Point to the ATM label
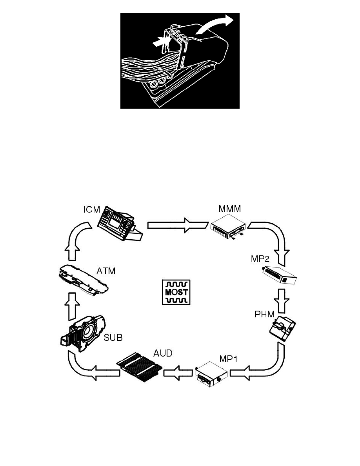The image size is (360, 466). [x=105, y=271]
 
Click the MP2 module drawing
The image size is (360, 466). [x=279, y=275]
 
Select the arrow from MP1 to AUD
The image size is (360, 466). [x=178, y=372]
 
